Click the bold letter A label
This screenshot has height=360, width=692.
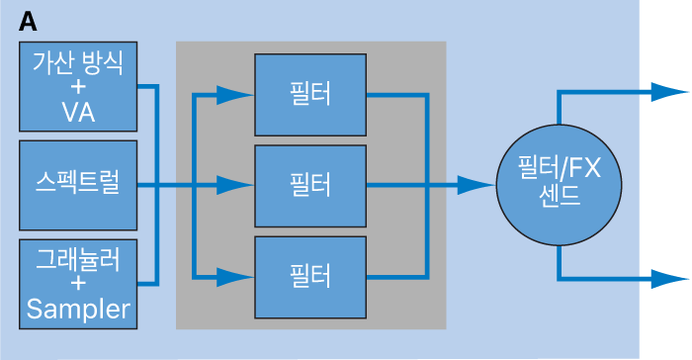coord(28,22)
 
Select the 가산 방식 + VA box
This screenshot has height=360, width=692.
coord(78,87)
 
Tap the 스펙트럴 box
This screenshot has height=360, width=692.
coord(78,185)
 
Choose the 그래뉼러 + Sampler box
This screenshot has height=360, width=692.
coord(78,284)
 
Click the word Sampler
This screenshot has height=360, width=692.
coord(78,309)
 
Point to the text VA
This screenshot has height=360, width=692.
coord(78,112)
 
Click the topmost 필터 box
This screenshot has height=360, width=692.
coord(310,95)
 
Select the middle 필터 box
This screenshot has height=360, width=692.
coord(310,186)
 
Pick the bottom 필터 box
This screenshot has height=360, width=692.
coord(310,277)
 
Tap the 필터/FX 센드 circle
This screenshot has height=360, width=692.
coord(560,185)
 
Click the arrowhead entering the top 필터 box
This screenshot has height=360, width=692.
coord(235,95)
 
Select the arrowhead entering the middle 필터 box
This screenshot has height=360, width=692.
coord(235,186)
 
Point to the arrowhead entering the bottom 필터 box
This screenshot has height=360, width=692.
coord(235,277)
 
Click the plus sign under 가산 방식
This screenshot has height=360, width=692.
coord(78,87)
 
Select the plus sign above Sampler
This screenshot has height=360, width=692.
coord(78,283)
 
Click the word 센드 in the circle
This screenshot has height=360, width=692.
coord(560,196)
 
